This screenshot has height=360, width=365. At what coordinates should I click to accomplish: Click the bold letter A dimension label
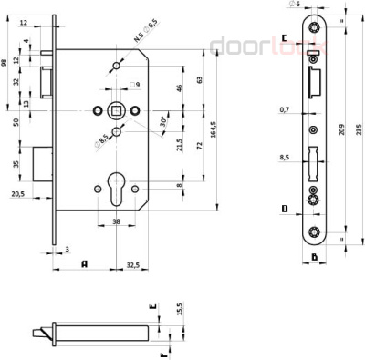(x=84, y=265)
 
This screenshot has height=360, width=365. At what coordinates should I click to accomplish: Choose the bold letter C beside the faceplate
(x=285, y=37)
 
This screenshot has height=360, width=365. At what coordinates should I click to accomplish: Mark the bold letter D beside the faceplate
(x=285, y=209)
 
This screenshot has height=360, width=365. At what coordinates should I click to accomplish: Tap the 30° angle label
(x=163, y=119)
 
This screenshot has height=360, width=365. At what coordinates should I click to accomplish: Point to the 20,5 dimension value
(x=18, y=193)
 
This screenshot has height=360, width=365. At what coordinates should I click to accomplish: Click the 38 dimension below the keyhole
(x=117, y=221)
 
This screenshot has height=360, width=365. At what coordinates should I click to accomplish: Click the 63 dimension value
(x=199, y=80)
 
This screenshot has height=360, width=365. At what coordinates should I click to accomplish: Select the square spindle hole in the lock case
(x=118, y=109)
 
